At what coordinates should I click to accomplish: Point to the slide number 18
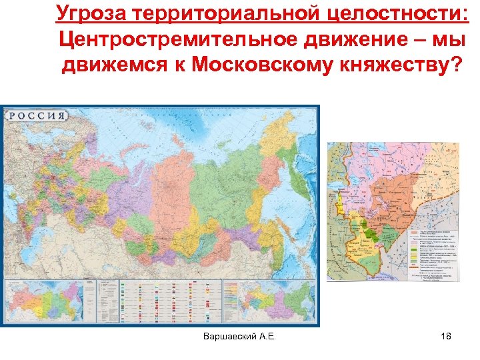(x=447, y=338)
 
